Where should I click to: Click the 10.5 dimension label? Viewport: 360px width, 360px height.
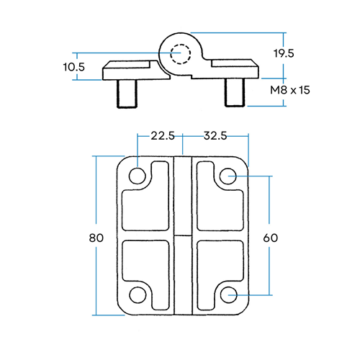[74, 66]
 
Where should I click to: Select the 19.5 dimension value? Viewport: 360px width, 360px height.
[284, 53]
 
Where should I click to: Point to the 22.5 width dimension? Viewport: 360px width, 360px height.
[163, 135]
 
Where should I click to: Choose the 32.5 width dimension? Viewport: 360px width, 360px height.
[215, 135]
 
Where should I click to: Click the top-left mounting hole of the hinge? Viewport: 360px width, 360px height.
[137, 176]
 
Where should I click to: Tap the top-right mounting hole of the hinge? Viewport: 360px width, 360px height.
[229, 176]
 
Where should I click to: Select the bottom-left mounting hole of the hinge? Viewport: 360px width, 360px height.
[137, 294]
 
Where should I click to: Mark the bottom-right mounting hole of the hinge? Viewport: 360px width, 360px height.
[229, 294]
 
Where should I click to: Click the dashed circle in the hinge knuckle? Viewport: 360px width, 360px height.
[179, 53]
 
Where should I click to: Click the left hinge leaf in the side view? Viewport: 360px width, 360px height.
[133, 71]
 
